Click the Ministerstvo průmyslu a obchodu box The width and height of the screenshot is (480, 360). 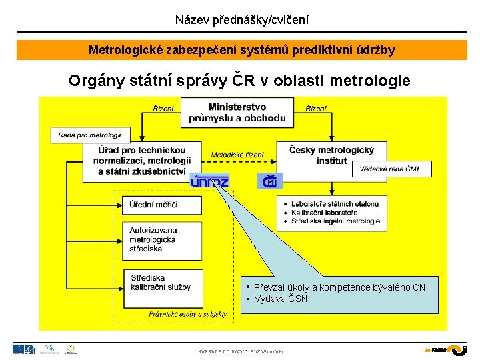click(237, 113)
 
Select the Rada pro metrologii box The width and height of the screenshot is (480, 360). click(89, 135)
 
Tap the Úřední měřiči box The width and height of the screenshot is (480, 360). click(161, 205)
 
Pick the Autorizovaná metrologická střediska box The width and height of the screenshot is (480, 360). click(161, 239)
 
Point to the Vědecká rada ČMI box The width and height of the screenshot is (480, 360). click(391, 169)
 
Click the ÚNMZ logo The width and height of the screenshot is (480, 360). click(209, 181)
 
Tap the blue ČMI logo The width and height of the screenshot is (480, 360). click(270, 181)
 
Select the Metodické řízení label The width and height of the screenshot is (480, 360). click(237, 155)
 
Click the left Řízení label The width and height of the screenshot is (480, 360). click(163, 108)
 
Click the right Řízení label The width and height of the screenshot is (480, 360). click(316, 108)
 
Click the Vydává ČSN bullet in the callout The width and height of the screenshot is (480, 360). click(281, 299)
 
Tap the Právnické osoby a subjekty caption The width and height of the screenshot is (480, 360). click(187, 314)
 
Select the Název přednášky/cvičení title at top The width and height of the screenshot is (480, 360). click(241, 20)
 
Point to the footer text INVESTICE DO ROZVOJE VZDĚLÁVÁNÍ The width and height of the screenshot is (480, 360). click(240, 351)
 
